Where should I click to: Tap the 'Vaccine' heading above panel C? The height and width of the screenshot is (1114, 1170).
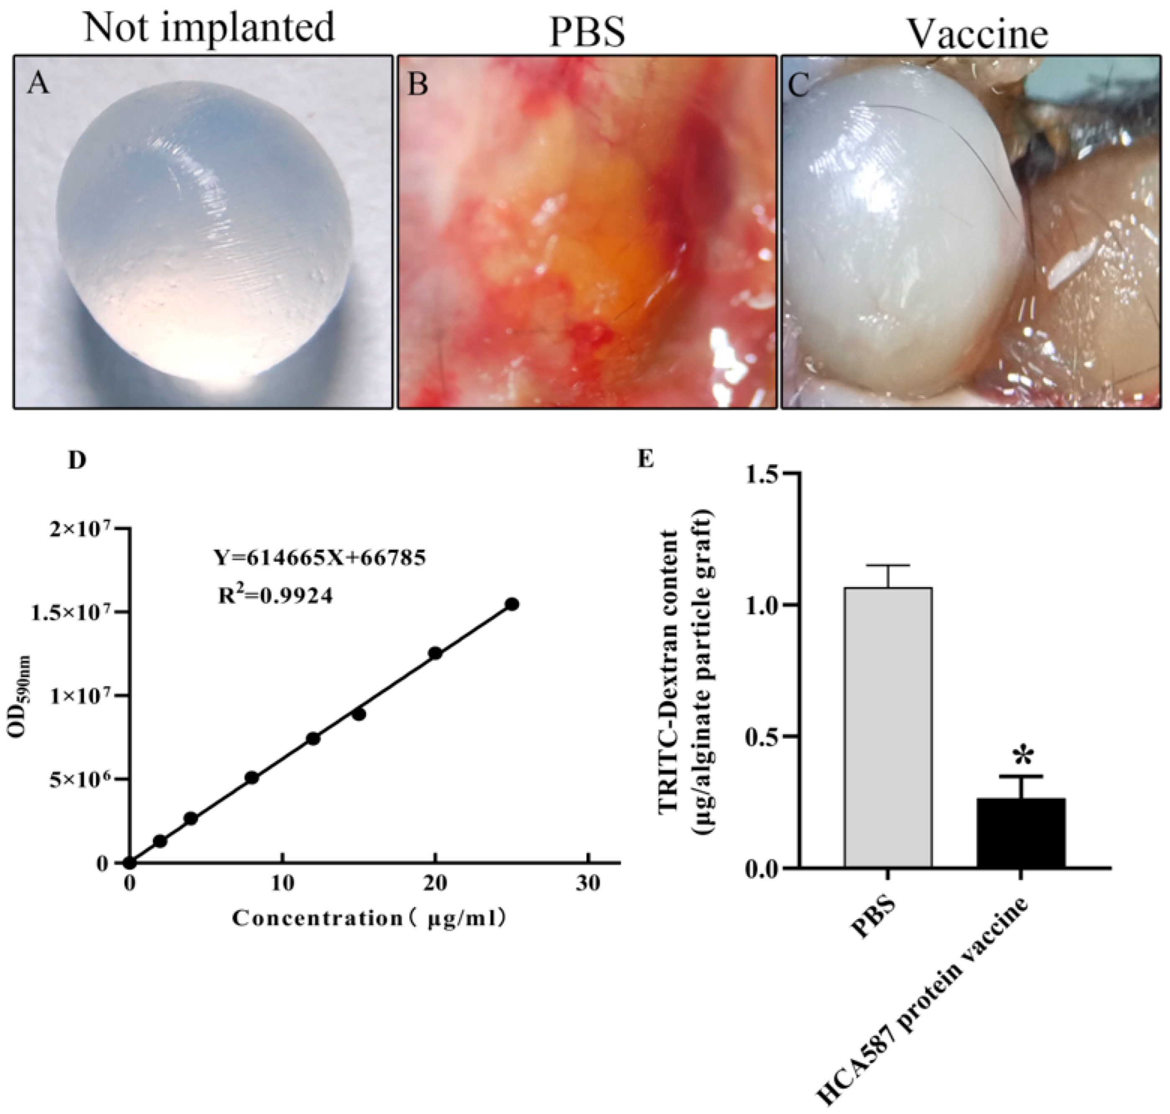tap(978, 34)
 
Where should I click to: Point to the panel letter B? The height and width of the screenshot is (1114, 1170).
tap(418, 85)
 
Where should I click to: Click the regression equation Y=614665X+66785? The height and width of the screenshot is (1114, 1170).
tap(319, 558)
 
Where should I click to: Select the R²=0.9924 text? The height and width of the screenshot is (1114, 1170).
tap(275, 596)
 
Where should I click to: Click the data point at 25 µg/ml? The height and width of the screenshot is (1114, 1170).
tap(512, 604)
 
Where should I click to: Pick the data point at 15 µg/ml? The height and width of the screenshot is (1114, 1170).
tap(359, 714)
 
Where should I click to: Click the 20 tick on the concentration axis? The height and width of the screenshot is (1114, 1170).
tap(435, 884)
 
